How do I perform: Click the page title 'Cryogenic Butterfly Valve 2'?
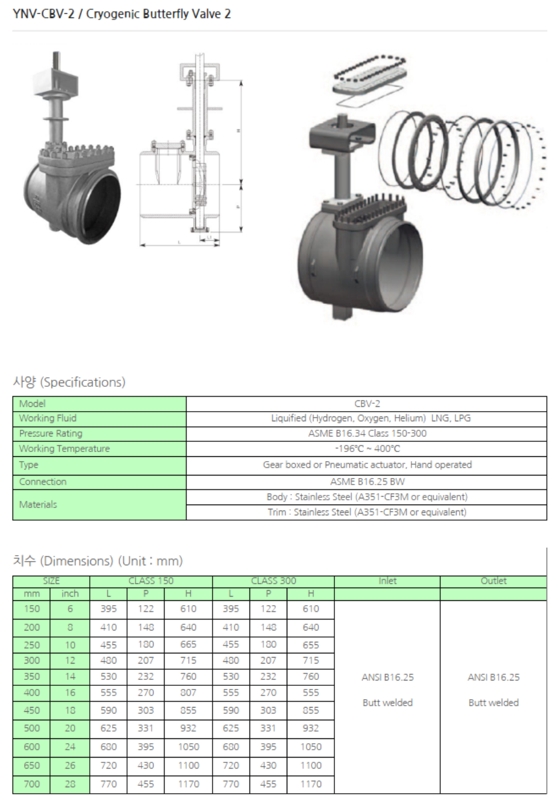(x=158, y=14)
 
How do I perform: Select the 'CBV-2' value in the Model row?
(x=367, y=404)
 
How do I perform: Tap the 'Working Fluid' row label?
(x=48, y=418)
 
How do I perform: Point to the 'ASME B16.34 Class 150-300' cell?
(x=367, y=433)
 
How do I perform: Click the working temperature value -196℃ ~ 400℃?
(x=367, y=448)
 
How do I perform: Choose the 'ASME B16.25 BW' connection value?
(x=367, y=482)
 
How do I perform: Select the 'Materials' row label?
(x=38, y=504)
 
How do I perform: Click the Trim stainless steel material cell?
(x=367, y=512)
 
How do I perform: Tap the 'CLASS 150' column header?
(x=151, y=581)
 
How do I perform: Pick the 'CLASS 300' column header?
(x=273, y=581)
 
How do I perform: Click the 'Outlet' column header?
(x=493, y=581)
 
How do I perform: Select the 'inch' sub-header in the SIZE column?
(x=70, y=594)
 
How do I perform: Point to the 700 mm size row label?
(x=32, y=784)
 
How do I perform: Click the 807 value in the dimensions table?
(x=188, y=693)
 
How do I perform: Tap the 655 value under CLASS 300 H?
(x=311, y=644)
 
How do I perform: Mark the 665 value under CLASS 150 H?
(x=188, y=644)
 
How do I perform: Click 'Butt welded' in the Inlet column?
(x=387, y=703)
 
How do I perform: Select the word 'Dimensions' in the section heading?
(x=77, y=561)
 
